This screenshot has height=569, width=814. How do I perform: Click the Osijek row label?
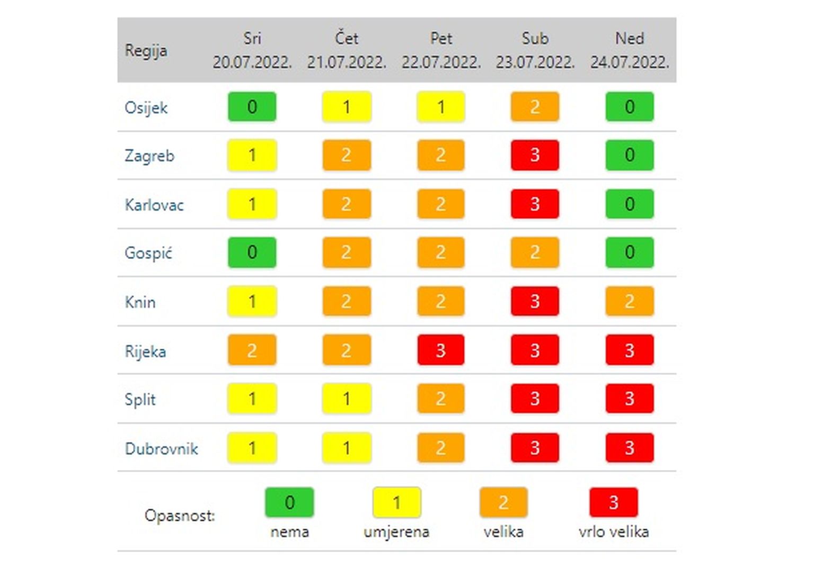coord(146,108)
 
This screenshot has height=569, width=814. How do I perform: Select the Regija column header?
coord(146,51)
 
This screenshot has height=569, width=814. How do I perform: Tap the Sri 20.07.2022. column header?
coord(252,50)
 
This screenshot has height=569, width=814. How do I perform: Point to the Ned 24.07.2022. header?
coord(629,50)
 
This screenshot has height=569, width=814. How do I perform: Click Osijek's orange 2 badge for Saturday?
coord(535,107)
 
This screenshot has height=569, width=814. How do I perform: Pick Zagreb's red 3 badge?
coord(535,155)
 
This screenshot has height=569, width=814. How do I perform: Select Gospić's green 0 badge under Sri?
coord(252,252)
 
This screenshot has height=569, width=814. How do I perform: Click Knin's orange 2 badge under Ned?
coord(629,301)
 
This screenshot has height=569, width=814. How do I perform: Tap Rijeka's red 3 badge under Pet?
coord(440,350)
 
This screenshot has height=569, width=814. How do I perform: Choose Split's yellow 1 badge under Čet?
coord(347,399)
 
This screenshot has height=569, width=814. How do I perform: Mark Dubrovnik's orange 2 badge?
coord(440,448)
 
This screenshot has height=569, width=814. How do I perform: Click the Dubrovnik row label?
coord(161,449)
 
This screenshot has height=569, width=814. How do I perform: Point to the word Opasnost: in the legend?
coord(180,516)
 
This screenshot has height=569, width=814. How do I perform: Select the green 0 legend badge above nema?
coord(289,502)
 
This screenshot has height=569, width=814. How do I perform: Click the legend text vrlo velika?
coord(613,532)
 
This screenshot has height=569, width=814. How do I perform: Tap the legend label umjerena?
coord(396,532)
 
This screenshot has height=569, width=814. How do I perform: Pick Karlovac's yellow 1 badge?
coord(252,204)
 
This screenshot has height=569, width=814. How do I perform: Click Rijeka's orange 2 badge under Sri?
coord(252,350)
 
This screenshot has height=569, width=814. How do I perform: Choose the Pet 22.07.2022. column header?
coord(441,50)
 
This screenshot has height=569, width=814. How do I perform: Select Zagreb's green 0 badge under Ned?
coord(629,155)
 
